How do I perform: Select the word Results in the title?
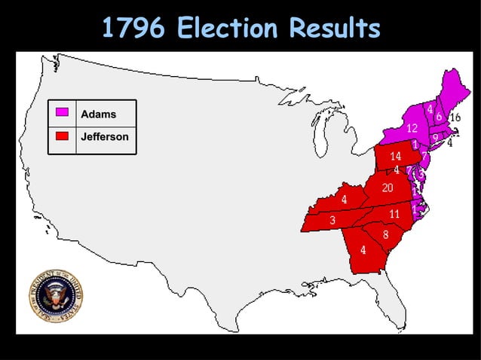coord(332,29)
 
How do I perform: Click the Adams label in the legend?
coord(98,114)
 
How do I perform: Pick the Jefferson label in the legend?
coord(105,137)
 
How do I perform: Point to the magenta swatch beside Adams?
coord(63,113)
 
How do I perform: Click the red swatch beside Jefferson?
coord(63,136)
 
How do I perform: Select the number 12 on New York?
coord(412,129)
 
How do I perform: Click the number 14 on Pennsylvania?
coord(396,157)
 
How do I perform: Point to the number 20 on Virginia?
coord(388,188)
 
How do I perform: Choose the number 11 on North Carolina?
coord(394,214)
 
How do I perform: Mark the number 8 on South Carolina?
coord(385,234)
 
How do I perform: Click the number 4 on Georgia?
coord(363,250)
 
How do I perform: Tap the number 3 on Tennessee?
coord(332,220)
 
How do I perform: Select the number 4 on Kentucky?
coord(344,200)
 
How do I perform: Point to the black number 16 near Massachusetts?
coord(455,117)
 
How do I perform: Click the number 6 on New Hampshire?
coord(439,117)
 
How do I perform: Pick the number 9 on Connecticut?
coord(435,137)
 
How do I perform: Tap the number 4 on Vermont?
coord(430,110)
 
